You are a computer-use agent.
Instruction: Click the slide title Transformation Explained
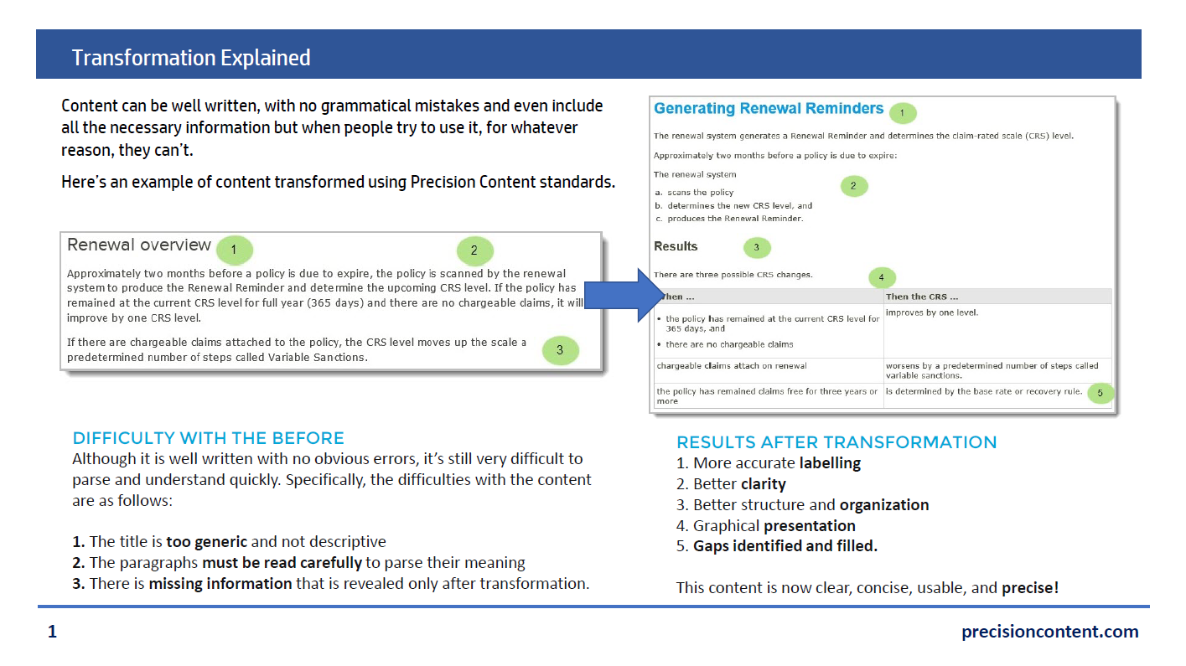(191, 58)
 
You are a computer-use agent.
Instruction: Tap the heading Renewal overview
(139, 245)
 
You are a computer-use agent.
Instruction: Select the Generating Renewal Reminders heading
(769, 109)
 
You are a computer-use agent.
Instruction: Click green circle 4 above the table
(881, 276)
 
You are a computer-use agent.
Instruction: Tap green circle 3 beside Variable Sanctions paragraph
(560, 350)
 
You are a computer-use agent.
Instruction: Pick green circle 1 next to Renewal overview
(234, 249)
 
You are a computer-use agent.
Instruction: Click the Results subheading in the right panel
(676, 246)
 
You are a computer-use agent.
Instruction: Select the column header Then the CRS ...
(922, 297)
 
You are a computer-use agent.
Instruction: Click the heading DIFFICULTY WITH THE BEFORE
(208, 438)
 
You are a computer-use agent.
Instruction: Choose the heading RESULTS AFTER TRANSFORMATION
(836, 442)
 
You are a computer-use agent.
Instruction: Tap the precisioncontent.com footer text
(1049, 632)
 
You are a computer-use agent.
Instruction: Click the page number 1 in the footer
(52, 632)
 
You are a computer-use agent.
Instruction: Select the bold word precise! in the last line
(1030, 588)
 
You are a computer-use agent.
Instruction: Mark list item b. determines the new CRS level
(734, 205)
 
